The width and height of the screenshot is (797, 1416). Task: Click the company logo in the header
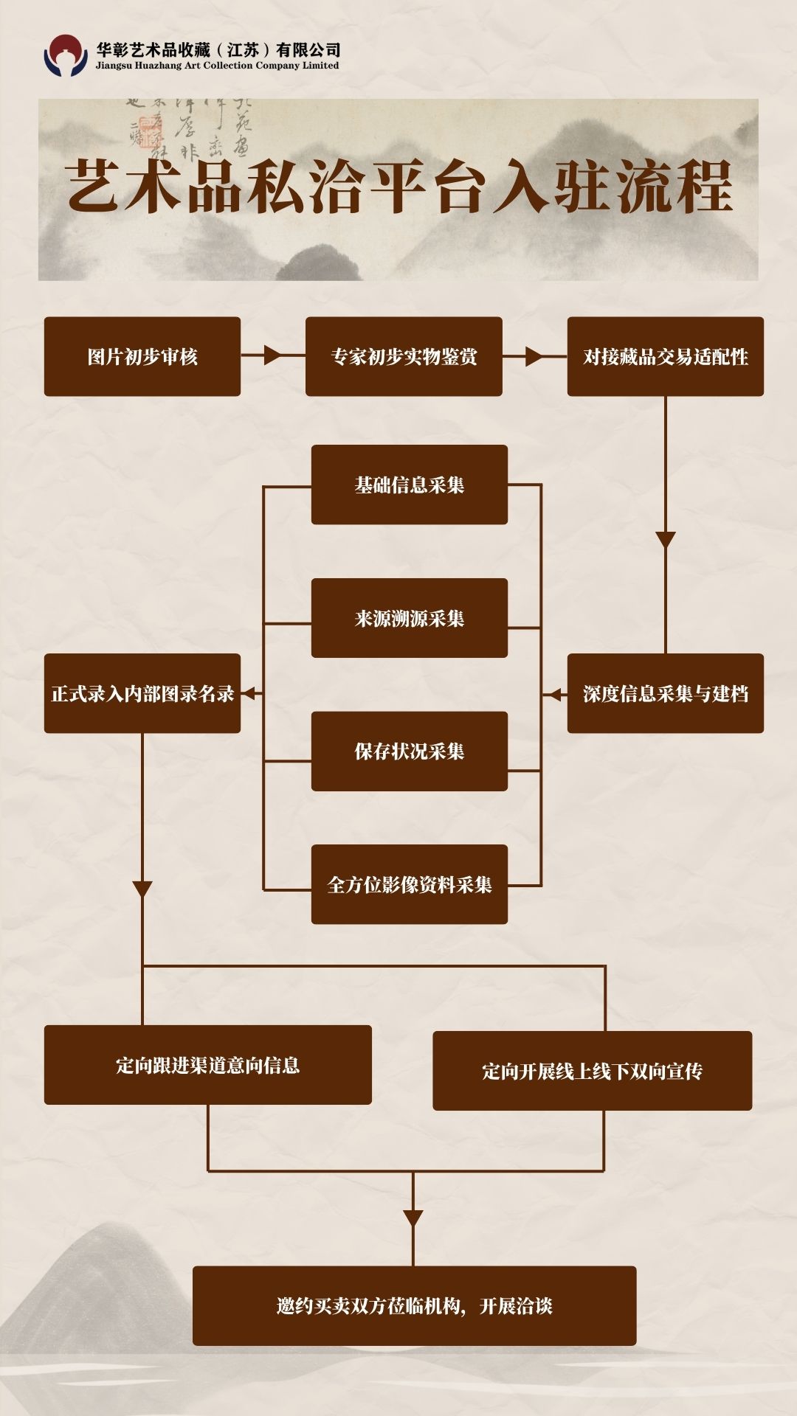click(x=66, y=56)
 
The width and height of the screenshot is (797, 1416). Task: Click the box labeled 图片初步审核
click(x=142, y=357)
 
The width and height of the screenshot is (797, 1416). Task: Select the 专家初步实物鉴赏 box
click(x=404, y=357)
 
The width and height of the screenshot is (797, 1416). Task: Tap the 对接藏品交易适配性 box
click(x=665, y=357)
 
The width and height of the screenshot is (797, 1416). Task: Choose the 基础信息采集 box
click(x=409, y=485)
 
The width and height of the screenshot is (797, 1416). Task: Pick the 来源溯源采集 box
click(x=409, y=618)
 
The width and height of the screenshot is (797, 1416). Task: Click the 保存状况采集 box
click(x=409, y=752)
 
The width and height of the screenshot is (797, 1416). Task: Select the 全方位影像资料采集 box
click(x=409, y=884)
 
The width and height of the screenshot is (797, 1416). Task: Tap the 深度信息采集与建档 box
click(x=665, y=693)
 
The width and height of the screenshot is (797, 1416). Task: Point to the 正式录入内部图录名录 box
click(x=142, y=693)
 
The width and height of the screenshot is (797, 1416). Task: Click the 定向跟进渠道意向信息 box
click(x=207, y=1065)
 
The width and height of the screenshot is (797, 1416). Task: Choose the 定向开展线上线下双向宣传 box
click(x=592, y=1071)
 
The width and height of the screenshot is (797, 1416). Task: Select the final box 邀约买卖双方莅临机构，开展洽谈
click(x=414, y=1306)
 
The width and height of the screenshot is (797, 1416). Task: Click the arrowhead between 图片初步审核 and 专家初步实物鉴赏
click(x=272, y=356)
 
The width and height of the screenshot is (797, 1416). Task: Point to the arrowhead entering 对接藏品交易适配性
click(x=534, y=357)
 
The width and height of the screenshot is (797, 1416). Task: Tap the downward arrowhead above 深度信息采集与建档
click(x=666, y=540)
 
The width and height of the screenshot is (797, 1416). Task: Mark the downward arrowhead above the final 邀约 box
click(x=413, y=1218)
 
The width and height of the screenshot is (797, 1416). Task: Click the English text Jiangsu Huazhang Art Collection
click(x=218, y=66)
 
